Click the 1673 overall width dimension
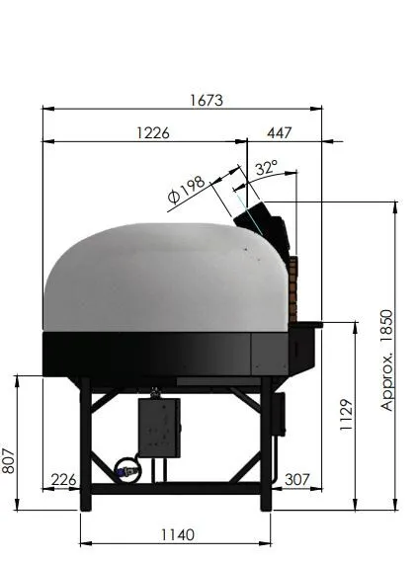tap(207, 100)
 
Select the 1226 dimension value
tap(153, 133)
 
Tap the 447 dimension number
tap(280, 133)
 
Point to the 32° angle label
tap(266, 167)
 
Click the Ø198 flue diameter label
tap(187, 190)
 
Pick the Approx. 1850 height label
tap(387, 361)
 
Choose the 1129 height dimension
tap(347, 415)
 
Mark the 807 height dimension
tap(8, 460)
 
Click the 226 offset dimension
tap(64, 480)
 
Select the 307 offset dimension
tap(296, 480)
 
